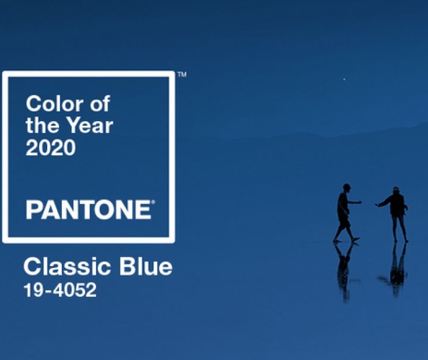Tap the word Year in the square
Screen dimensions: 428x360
[90, 126]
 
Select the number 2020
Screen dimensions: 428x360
[51, 148]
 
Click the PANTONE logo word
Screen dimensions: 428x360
[89, 210]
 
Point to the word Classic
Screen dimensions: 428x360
[67, 266]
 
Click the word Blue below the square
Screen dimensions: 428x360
[146, 266]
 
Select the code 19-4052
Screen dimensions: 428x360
[60, 290]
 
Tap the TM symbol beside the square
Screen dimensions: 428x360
[182, 74]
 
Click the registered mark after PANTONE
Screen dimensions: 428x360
[153, 202]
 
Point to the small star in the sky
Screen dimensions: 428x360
[344, 79]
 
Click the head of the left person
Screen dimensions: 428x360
[347, 188]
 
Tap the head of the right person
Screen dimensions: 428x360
[396, 190]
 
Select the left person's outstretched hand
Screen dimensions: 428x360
[359, 202]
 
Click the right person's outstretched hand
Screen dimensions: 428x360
[377, 205]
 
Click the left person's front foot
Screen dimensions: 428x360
[355, 240]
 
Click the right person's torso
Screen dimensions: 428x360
[397, 205]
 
